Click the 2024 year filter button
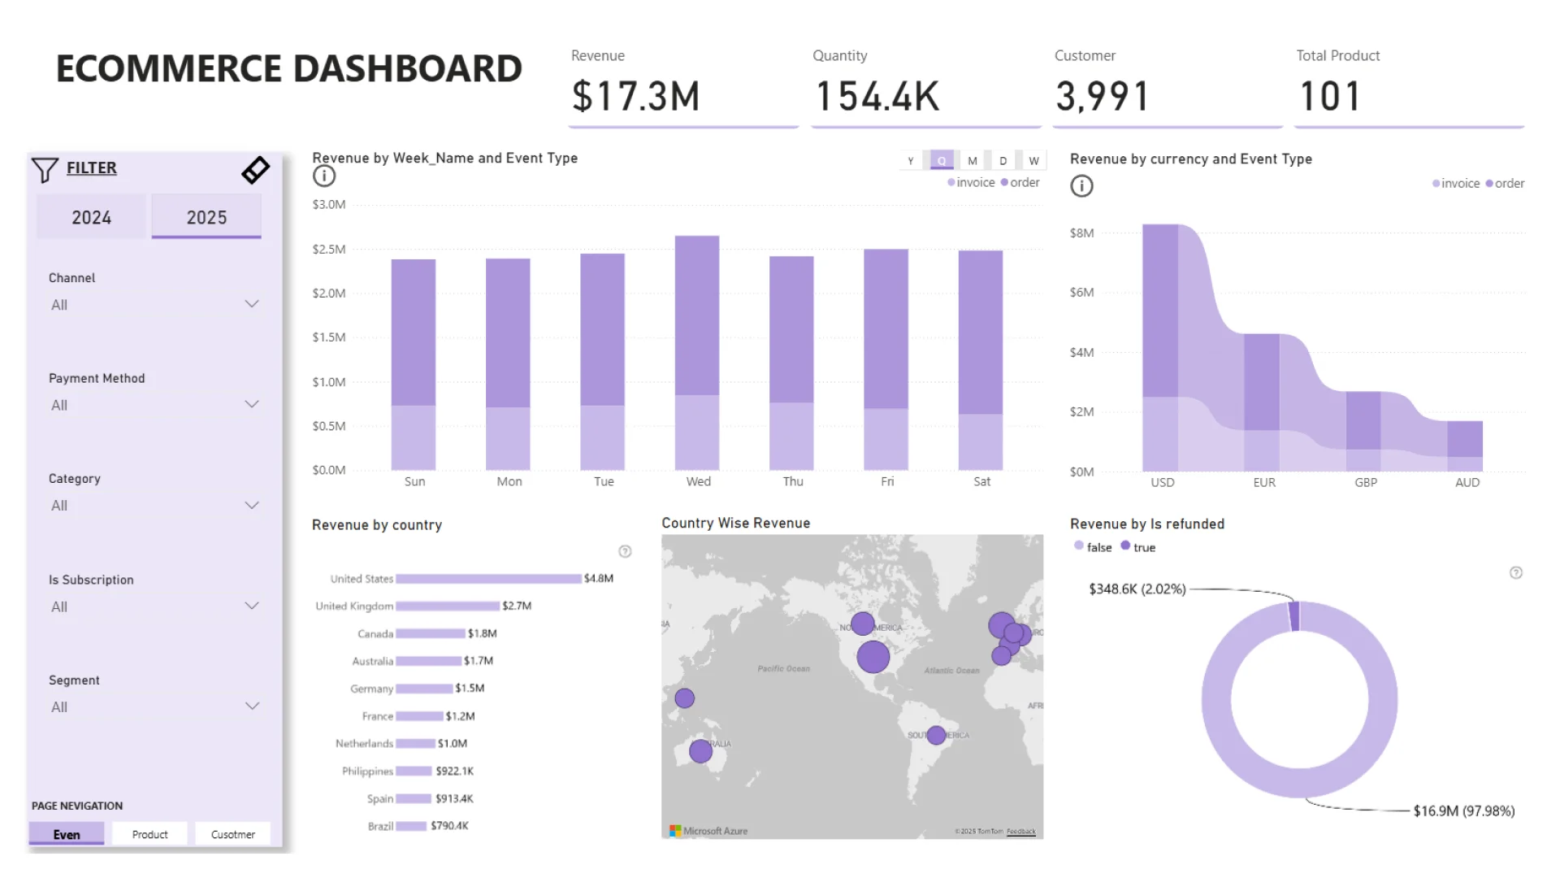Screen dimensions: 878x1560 coord(91,217)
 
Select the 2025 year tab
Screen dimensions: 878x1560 coord(206,217)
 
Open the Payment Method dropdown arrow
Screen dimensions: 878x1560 coord(252,404)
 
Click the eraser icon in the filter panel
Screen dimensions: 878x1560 coord(255,170)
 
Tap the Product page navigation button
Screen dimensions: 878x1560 coord(149,834)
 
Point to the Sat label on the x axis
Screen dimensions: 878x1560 coord(981,481)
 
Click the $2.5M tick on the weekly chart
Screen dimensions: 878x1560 coord(329,249)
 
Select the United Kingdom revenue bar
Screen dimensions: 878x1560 coord(448,606)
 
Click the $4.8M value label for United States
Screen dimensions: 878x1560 coord(599,578)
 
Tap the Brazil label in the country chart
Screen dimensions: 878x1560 coord(380,826)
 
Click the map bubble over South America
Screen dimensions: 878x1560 coord(936,735)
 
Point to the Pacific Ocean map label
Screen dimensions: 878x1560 coord(783,668)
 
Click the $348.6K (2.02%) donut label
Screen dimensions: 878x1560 coord(1137,589)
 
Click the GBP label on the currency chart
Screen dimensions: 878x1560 coord(1365,482)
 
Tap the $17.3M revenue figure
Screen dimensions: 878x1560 coord(635,96)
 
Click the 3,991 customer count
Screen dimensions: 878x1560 coord(1103,96)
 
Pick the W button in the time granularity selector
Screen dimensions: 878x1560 coord(1033,160)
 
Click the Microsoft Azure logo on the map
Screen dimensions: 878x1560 coord(708,831)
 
